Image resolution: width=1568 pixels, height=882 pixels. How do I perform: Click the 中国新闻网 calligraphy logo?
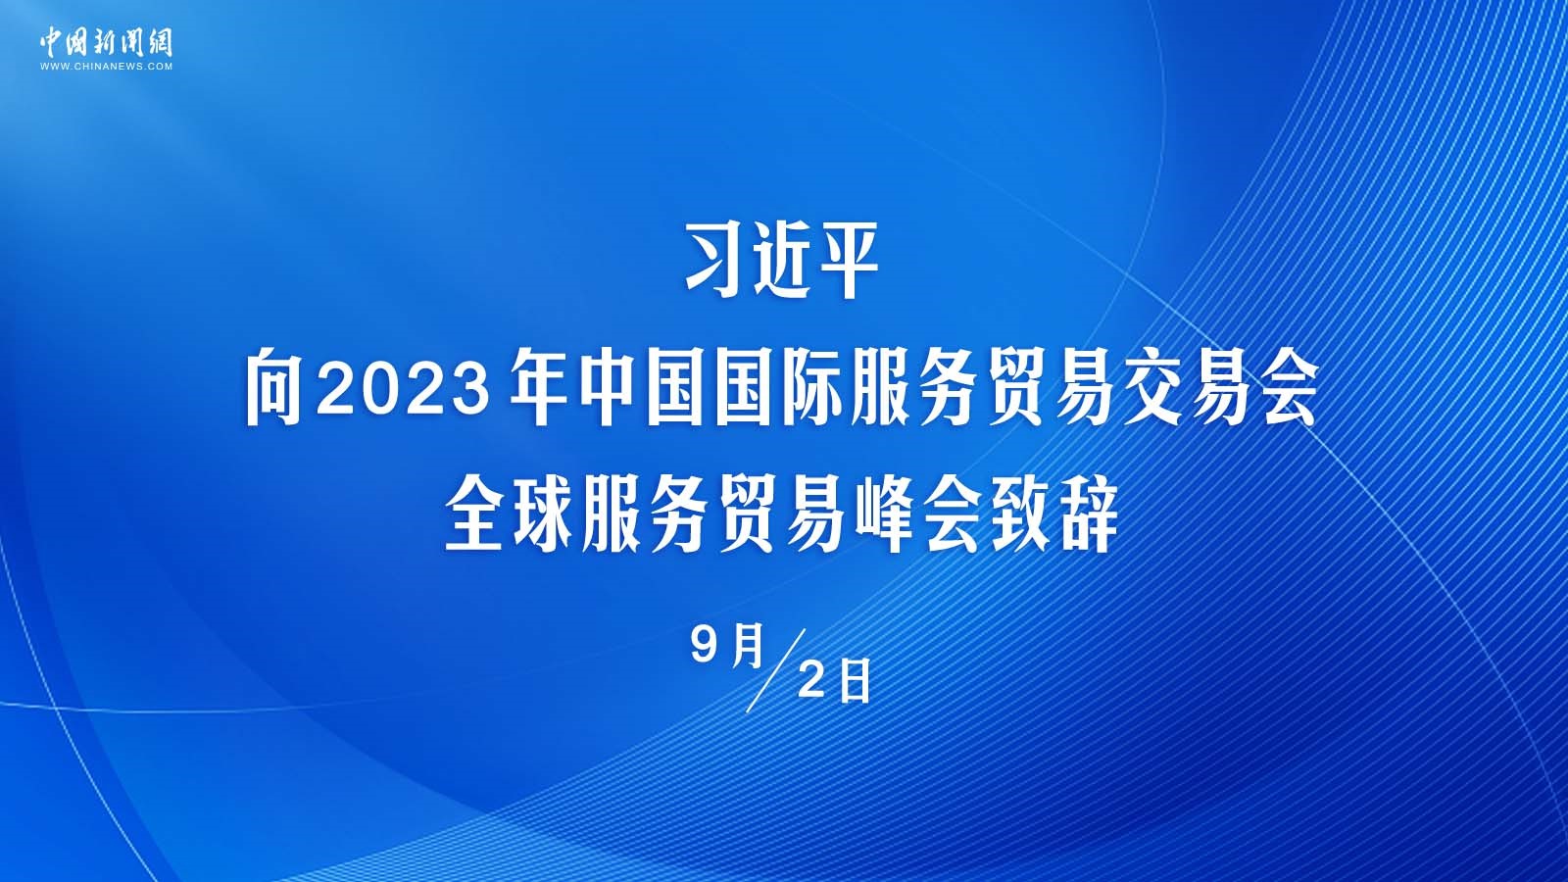coord(106,43)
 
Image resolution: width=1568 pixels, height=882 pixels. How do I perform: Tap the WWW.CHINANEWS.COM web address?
coord(106,67)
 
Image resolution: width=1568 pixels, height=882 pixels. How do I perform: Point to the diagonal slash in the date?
coord(776,670)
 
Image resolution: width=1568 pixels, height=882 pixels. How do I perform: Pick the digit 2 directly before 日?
coord(811,680)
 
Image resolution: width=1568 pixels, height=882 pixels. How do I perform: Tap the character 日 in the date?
coord(855,680)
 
